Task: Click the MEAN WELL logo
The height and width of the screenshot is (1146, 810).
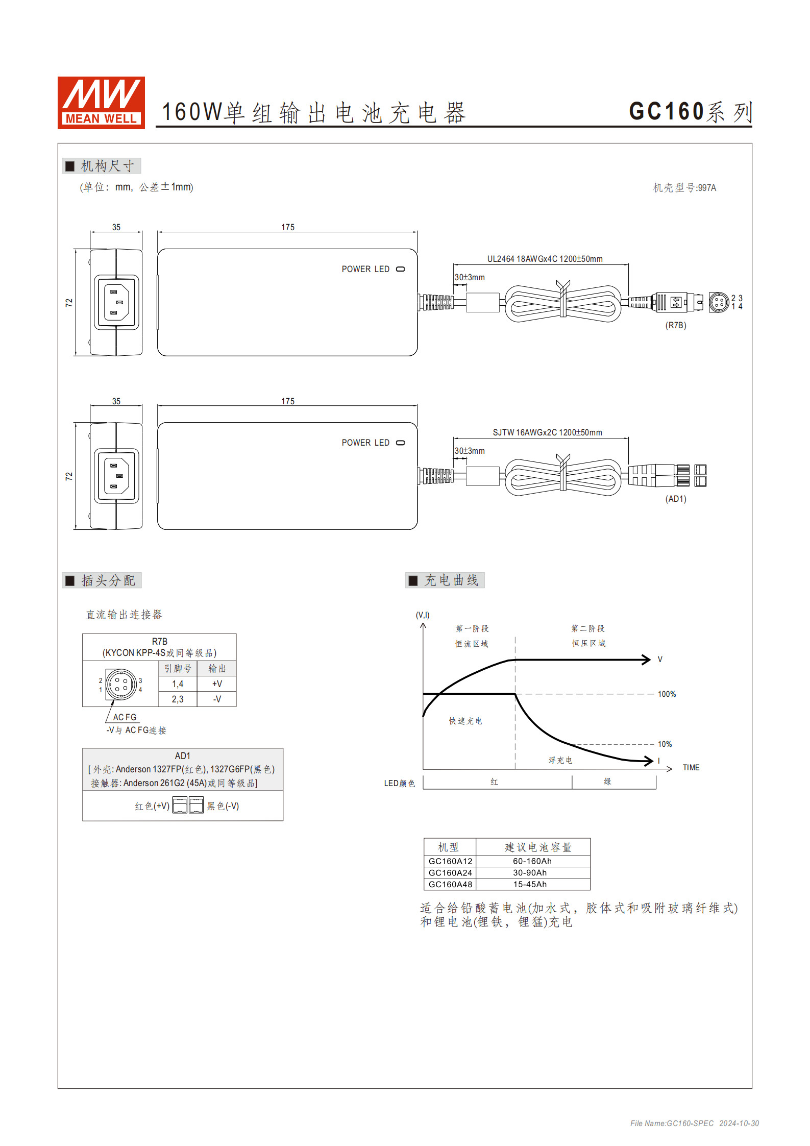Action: point(101,103)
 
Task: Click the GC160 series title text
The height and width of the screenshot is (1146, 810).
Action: point(690,112)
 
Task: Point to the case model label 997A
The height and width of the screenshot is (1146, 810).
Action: point(684,188)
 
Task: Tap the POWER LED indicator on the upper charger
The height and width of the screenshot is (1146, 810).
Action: point(401,269)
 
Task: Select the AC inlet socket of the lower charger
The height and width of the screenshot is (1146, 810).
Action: point(116,476)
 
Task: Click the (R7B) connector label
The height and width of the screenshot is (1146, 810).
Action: point(675,325)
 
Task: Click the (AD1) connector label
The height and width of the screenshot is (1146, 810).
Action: point(675,499)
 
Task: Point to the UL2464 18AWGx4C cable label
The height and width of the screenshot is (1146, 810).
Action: point(545,259)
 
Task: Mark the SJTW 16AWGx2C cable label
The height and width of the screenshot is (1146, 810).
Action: point(547,432)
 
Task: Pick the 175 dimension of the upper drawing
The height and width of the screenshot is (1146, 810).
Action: point(288,227)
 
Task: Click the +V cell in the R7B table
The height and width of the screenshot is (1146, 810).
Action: point(217,684)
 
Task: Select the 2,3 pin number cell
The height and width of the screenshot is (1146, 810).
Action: point(178,699)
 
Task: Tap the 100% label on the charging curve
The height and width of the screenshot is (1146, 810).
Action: point(666,694)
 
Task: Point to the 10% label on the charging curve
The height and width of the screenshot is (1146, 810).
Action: point(665,744)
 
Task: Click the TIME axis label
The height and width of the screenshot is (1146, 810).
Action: point(691,768)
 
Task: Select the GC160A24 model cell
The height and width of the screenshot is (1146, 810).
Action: point(450,873)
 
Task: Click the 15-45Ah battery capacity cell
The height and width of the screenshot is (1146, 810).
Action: point(530,885)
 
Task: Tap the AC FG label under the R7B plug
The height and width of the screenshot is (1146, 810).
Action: point(125,717)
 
